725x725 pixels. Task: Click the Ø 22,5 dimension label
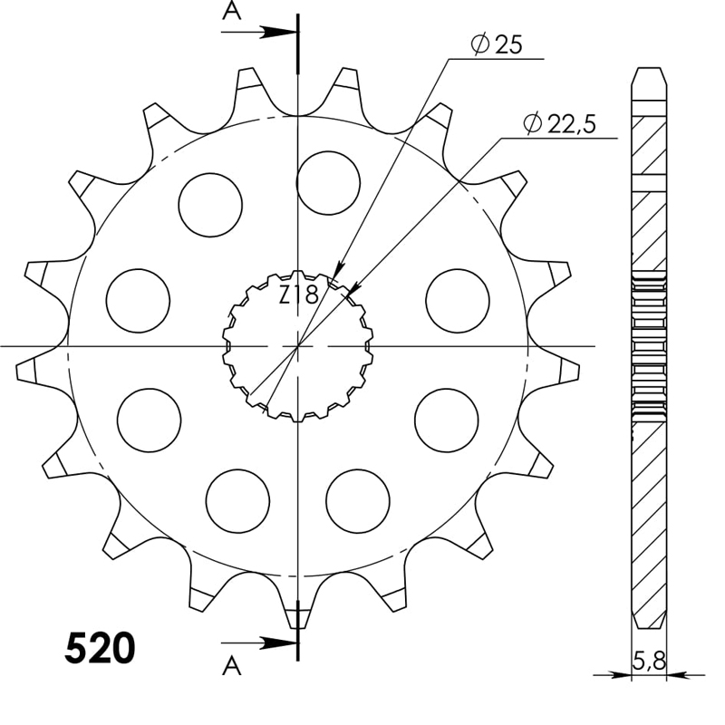558,124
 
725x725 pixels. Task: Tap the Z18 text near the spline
297,295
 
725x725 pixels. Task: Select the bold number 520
100,649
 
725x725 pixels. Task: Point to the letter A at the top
232,11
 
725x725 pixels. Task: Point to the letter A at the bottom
232,668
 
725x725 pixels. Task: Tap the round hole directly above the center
328,182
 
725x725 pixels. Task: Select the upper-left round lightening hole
210,205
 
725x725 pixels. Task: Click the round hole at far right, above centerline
457,300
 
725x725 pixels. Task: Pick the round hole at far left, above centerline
138,300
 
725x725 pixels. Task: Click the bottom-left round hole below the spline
237,500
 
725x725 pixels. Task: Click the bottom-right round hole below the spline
357,500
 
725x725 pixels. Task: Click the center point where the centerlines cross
297,346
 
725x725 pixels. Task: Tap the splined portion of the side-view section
649,344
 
